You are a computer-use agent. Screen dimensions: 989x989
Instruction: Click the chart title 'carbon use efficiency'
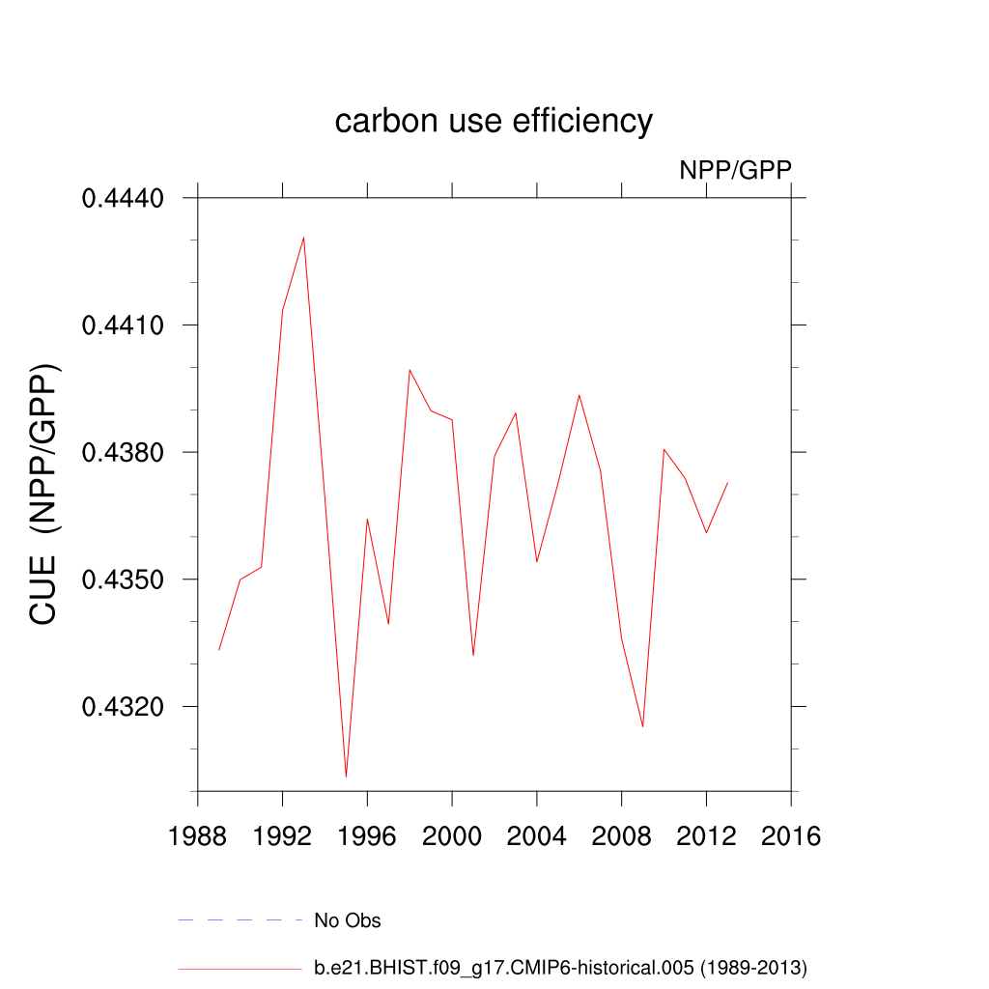point(494,122)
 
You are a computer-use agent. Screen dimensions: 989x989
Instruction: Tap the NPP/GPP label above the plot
point(735,170)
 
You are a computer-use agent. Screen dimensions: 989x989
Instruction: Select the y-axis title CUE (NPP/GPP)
point(44,494)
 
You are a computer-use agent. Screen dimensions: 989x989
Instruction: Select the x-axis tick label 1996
point(367,836)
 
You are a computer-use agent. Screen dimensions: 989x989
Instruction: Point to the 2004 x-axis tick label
point(537,836)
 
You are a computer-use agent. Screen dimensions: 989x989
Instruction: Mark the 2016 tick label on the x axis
point(791,836)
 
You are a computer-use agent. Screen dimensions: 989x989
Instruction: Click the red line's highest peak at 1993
point(304,237)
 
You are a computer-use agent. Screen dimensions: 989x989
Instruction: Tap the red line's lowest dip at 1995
point(346,777)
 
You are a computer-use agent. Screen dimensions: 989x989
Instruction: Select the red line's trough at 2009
point(643,726)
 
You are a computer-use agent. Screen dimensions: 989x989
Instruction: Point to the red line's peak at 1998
point(410,369)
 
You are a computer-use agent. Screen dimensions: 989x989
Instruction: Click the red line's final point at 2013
point(727,482)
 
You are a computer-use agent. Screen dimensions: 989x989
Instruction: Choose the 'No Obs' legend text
point(348,920)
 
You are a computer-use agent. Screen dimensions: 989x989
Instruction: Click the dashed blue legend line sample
point(240,920)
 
